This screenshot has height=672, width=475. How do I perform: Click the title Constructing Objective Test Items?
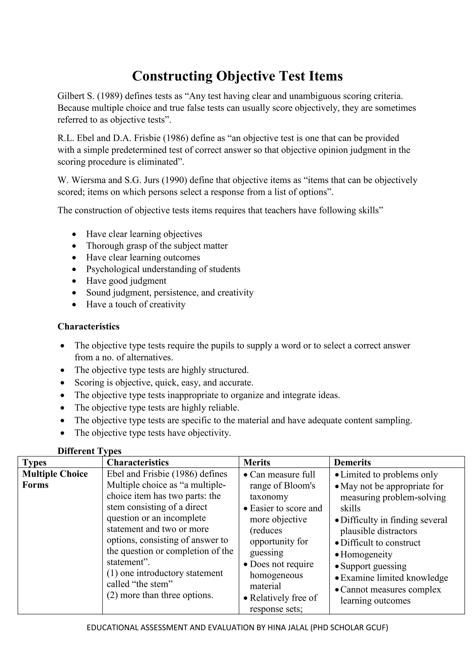[237, 76]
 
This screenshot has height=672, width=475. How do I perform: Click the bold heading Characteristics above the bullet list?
[88, 326]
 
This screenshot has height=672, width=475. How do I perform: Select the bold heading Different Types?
[89, 451]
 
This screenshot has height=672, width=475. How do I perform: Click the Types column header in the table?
[34, 462]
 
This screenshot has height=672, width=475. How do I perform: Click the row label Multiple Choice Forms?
[55, 479]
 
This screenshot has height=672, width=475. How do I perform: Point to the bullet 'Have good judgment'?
[126, 281]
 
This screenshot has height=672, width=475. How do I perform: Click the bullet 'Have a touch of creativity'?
[136, 304]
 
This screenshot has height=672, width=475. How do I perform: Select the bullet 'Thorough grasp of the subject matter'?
[157, 246]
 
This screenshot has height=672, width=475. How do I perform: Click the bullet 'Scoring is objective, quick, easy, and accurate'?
[164, 383]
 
